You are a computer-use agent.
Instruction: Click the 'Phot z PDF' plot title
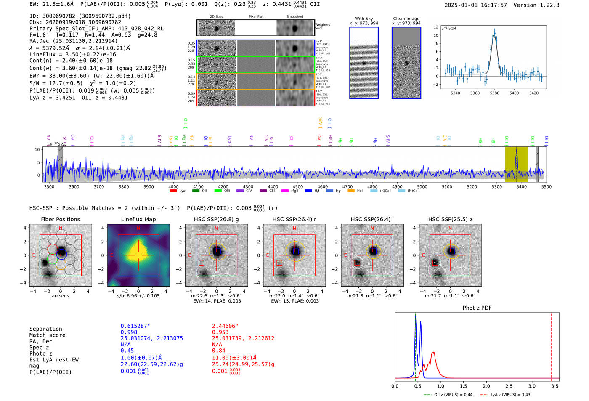point(477,308)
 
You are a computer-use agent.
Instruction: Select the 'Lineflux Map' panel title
point(138,219)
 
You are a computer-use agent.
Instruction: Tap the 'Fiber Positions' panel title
point(60,219)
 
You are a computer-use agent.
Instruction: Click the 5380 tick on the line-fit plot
point(494,93)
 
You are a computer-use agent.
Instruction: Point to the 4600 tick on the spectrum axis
point(323,187)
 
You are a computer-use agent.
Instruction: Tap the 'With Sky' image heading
point(364,19)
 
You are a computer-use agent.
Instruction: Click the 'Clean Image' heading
point(406,19)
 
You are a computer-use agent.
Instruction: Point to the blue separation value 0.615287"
point(135,326)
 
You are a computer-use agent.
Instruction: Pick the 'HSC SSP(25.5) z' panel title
point(450,219)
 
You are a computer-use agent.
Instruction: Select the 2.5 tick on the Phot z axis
point(509,386)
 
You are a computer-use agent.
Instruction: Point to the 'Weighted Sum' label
point(322,27)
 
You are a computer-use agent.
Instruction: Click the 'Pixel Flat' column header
point(256,17)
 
